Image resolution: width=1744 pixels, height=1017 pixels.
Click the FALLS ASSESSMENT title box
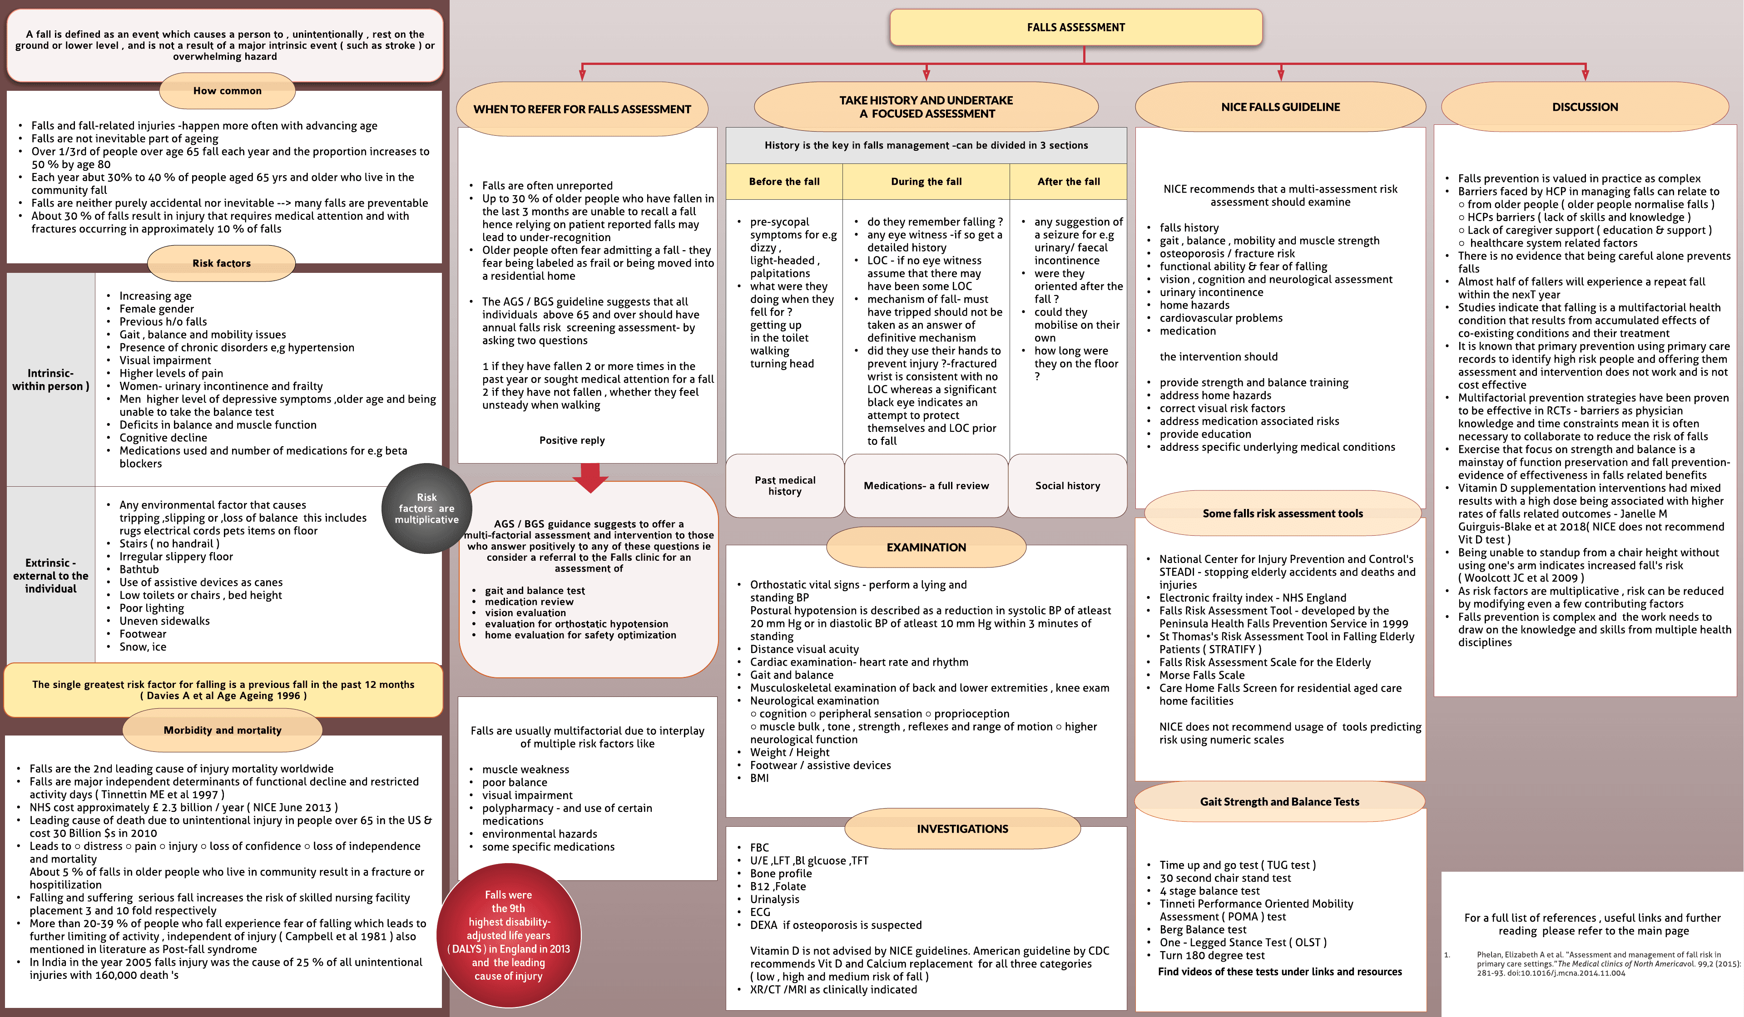[x=1075, y=28]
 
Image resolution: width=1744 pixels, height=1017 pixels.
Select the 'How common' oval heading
[x=227, y=91]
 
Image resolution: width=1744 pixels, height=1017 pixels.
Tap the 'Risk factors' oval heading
[x=222, y=263]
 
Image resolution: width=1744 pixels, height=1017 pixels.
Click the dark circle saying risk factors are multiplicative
[x=426, y=508]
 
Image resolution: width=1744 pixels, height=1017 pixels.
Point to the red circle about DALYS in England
[x=509, y=935]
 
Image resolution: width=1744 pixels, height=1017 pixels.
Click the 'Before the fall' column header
[x=784, y=181]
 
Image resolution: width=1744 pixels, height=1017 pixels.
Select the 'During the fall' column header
[x=926, y=181]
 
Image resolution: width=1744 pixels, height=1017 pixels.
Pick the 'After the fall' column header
[x=1068, y=181]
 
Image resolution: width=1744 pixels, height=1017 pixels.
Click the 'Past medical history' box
[x=785, y=486]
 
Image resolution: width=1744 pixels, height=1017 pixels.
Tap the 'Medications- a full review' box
[x=926, y=486]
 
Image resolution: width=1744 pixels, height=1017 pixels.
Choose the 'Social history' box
[x=1067, y=486]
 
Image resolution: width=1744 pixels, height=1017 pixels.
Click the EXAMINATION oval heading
[x=926, y=547]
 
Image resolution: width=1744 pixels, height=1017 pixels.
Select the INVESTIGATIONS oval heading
[x=962, y=829]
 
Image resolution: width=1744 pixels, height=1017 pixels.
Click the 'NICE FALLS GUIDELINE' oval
[x=1280, y=107]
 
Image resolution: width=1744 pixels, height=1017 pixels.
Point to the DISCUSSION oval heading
[x=1585, y=107]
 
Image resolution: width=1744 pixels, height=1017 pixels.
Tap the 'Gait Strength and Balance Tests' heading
[x=1280, y=802]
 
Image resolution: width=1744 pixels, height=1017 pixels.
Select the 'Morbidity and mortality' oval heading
[x=222, y=731]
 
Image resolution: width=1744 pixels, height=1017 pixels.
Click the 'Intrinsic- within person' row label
[x=50, y=380]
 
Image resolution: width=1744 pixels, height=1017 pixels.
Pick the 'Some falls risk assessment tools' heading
[x=1283, y=513]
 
